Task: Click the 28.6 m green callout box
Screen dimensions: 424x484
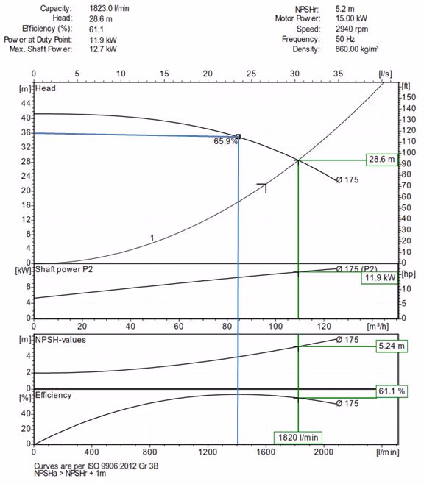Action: [382, 160]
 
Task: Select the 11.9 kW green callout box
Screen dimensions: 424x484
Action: [380, 277]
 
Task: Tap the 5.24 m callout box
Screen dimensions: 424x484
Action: [392, 346]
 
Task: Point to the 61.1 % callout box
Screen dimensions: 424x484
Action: [392, 391]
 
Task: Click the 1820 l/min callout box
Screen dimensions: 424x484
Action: [298, 438]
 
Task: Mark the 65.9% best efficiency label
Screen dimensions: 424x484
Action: [225, 141]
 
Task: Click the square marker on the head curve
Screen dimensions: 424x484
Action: [238, 137]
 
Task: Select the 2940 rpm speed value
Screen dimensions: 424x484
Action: [352, 29]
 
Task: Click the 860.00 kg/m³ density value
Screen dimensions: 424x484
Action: [357, 49]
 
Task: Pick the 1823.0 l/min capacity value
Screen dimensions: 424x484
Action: [109, 8]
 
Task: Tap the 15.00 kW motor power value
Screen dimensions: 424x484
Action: [351, 18]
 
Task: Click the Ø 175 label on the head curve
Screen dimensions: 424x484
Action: [347, 179]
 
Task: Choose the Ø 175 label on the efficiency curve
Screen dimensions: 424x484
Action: [347, 403]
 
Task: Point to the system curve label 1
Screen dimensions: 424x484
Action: [152, 238]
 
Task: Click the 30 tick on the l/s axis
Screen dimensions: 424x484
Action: [294, 74]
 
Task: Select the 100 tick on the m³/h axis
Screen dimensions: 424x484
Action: [275, 326]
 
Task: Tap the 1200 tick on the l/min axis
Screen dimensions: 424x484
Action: [208, 452]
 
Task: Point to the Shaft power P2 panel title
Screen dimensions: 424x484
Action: [63, 269]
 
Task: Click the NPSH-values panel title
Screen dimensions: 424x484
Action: [60, 340]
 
